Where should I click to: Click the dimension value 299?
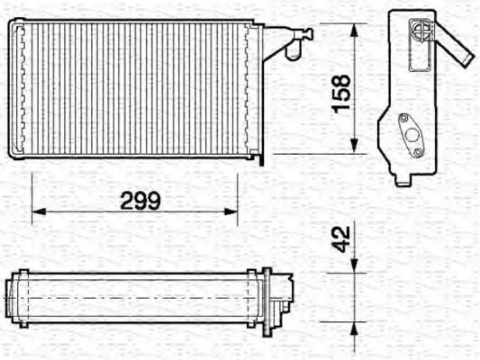(140, 201)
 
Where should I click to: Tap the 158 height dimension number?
(340, 94)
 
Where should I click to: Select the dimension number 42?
(340, 238)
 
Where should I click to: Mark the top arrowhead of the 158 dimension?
(355, 28)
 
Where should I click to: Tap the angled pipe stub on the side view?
(456, 49)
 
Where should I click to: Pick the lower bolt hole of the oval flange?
(419, 152)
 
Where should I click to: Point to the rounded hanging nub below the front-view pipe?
(290, 53)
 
